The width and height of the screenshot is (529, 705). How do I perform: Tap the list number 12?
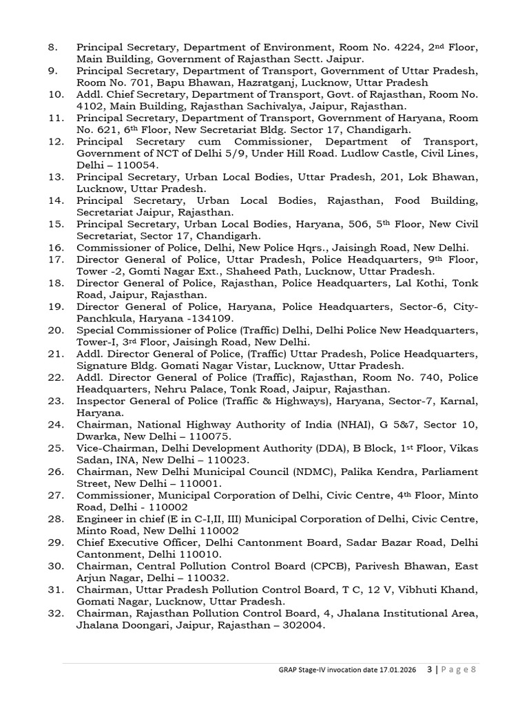[56, 141]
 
